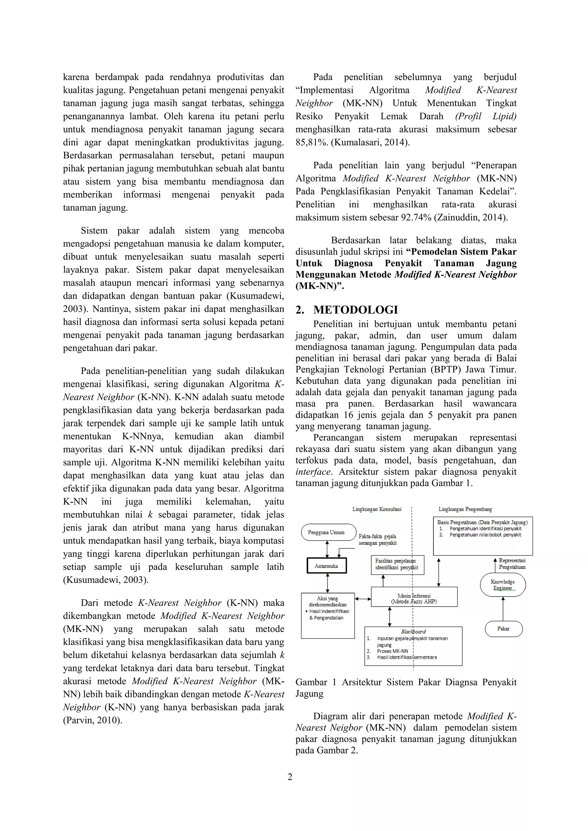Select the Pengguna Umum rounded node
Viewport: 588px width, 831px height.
[x=328, y=532]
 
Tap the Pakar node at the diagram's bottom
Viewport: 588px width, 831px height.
[x=503, y=629]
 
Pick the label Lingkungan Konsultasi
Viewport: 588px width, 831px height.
[x=377, y=509]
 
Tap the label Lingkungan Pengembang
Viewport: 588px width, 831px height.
[x=465, y=509]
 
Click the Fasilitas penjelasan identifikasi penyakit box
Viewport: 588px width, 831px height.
[x=397, y=565]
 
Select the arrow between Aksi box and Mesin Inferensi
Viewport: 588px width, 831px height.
[x=363, y=599]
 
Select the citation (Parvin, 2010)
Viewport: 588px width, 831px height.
[x=93, y=720]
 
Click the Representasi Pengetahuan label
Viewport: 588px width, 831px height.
[x=512, y=564]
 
